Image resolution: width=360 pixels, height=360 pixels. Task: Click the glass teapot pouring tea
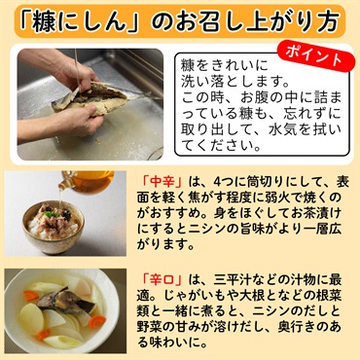[85, 181]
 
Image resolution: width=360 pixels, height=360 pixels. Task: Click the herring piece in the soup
[64, 301]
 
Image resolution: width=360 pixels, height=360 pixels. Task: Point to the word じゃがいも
[196, 296]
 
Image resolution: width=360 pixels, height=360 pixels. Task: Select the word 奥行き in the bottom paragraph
[297, 327]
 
